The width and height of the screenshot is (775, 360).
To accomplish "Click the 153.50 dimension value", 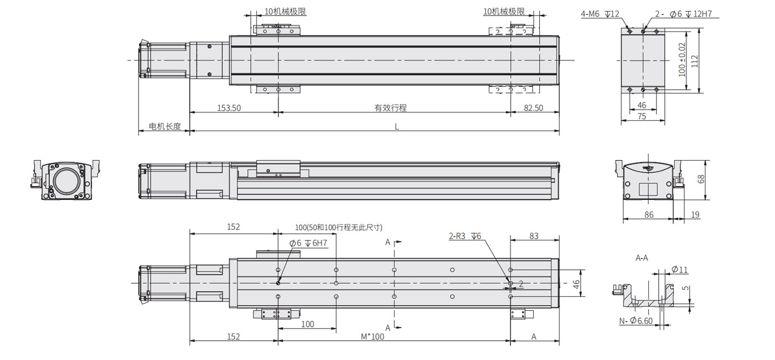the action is click(x=229, y=108).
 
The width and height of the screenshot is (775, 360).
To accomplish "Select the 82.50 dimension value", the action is click(x=534, y=108).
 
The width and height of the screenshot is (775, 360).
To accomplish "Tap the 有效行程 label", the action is click(x=390, y=108).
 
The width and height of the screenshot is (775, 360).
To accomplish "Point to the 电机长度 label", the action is click(x=165, y=126).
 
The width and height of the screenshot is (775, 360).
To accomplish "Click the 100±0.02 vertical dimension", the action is click(x=681, y=60).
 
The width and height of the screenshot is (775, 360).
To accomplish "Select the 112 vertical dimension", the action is click(x=694, y=61).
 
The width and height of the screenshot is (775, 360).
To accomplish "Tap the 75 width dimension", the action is click(x=642, y=116).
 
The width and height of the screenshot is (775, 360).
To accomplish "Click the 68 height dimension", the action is click(x=701, y=179).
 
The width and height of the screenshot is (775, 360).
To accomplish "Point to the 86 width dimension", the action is click(x=649, y=215).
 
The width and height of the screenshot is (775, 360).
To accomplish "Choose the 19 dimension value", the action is click(x=695, y=215).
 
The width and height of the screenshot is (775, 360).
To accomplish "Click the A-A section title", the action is click(x=642, y=258).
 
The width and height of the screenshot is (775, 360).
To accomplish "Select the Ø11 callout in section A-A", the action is click(x=680, y=269).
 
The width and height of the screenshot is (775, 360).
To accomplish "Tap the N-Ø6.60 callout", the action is click(x=636, y=321).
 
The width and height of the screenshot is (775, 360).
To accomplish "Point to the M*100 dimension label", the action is click(x=372, y=337).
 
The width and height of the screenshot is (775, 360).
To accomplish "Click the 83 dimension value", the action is click(x=534, y=236).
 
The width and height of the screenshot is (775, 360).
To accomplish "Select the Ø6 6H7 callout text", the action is click(x=308, y=243).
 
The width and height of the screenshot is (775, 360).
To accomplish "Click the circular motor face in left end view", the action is click(x=66, y=182).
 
